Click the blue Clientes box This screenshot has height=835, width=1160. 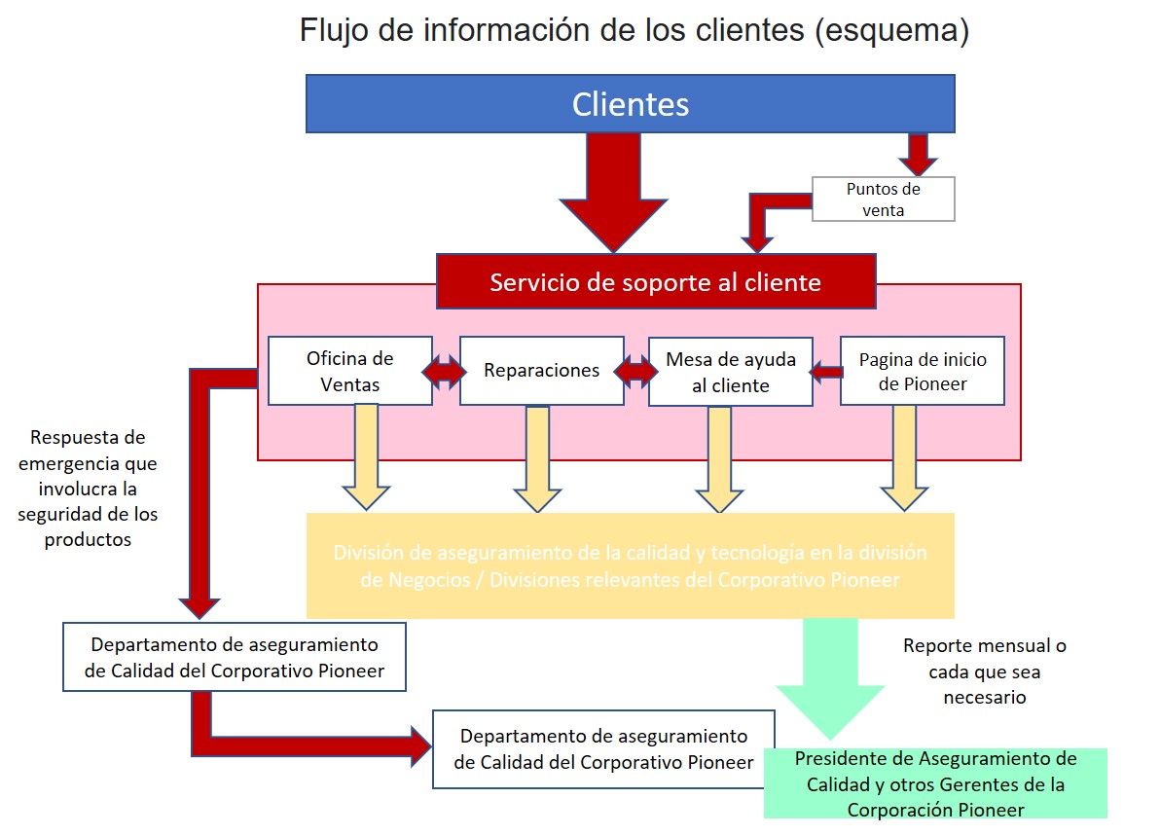630,104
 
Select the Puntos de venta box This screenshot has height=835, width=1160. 883,199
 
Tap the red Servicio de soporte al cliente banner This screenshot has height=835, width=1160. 655,282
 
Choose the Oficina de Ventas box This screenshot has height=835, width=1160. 350,371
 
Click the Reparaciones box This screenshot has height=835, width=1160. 541,371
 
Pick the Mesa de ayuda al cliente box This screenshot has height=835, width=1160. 730,372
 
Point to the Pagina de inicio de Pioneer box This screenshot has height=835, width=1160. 922,371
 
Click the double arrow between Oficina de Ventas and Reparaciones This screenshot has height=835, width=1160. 445,372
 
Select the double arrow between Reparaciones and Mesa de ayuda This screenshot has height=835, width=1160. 636,371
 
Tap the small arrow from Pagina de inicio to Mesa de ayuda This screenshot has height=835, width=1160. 827,371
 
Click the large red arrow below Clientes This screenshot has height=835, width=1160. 613,190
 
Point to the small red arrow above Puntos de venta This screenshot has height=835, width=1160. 917,153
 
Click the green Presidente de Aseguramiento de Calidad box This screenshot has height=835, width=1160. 935,783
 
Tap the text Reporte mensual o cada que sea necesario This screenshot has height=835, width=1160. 984,672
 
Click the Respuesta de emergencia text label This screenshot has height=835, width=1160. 88,489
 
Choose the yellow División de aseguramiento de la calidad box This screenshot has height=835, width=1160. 630,565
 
